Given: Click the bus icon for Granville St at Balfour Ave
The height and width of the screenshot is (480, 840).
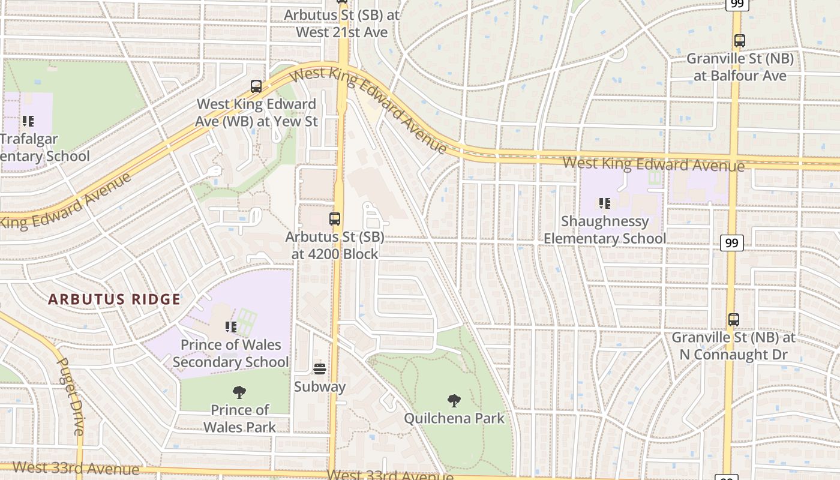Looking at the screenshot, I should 740,41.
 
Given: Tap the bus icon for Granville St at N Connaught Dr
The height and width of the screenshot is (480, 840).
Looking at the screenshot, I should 733,320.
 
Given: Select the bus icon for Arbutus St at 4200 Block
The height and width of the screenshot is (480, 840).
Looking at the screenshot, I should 335,219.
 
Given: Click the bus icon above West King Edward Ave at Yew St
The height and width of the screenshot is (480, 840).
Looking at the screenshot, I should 256,86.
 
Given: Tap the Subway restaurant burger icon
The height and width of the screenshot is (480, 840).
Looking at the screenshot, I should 320,368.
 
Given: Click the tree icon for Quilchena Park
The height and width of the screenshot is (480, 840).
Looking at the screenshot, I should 454,400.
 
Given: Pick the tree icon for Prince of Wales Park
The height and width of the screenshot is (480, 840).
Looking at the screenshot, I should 239,392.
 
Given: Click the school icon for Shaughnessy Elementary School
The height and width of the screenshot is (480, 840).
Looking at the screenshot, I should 604,204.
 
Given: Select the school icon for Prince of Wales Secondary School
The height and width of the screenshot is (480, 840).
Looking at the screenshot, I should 231,327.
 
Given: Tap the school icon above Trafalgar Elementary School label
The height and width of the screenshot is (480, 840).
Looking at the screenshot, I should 28,121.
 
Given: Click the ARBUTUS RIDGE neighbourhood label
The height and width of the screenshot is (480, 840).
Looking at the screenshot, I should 114,299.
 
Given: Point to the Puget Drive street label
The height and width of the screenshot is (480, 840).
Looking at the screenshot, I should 71,396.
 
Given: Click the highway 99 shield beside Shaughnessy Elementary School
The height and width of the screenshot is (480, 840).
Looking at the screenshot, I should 731,243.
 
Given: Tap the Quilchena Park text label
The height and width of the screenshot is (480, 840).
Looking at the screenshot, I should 454,418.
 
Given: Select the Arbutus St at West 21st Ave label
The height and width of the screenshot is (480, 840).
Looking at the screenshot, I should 342,23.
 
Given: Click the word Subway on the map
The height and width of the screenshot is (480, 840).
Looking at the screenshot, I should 320,387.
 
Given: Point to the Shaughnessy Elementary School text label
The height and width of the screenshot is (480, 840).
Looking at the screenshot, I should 604,230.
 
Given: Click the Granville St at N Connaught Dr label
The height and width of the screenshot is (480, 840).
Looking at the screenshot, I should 733,346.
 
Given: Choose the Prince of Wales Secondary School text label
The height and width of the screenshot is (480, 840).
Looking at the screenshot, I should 231,353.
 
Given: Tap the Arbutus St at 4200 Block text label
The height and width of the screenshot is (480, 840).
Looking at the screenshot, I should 335,245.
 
